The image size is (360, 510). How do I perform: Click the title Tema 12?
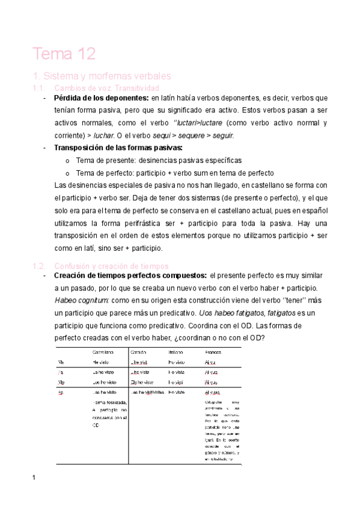click(64, 54)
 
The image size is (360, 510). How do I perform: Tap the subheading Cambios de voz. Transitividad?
click(106, 88)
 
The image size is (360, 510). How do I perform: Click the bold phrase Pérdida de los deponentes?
click(101, 97)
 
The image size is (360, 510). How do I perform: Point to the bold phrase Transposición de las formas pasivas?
click(118, 148)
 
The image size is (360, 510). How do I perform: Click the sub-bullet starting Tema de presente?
click(159, 161)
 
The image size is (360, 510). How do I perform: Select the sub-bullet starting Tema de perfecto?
click(174, 173)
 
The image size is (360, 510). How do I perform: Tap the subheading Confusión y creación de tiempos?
click(111, 266)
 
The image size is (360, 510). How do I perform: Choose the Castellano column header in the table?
click(103, 351)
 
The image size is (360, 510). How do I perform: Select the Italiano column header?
click(175, 351)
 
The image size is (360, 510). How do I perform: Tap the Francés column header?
click(213, 351)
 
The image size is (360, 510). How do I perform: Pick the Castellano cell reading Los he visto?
click(105, 381)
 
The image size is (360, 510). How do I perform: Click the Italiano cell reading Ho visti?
click(175, 381)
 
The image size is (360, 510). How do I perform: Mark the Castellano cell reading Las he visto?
click(105, 392)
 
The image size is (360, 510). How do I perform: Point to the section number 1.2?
click(38, 266)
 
